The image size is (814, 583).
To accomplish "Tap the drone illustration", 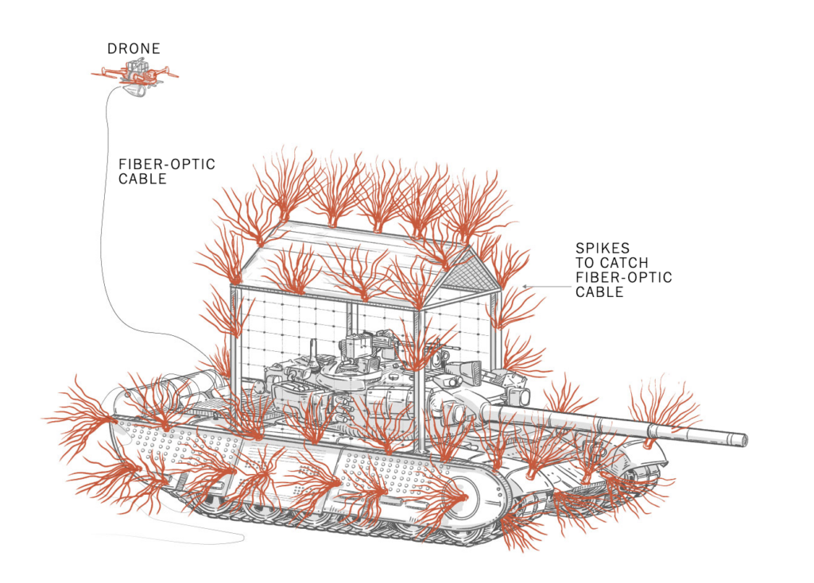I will click(x=136, y=73).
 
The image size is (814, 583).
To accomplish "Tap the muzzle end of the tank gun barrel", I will click(x=742, y=438).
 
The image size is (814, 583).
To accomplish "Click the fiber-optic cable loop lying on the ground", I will click(x=199, y=541).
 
